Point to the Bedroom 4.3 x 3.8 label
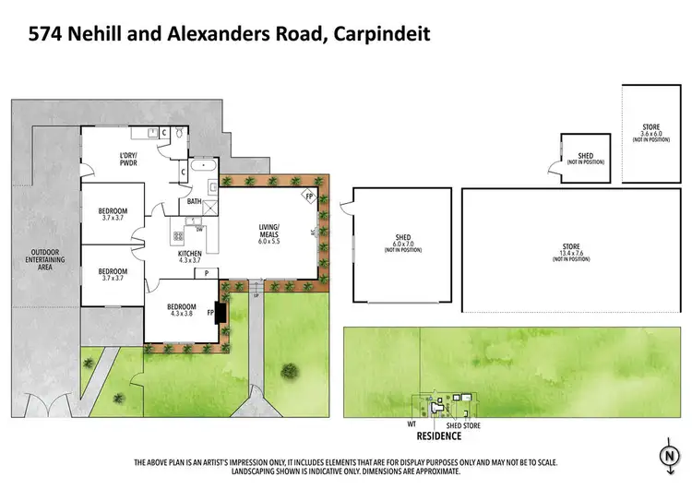click(x=181, y=311)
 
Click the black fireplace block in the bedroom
click(x=220, y=315)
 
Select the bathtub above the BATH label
click(x=205, y=170)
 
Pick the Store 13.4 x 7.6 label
click(x=571, y=252)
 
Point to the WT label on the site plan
click(x=412, y=425)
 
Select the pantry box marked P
click(x=206, y=272)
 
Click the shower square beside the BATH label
click(x=214, y=203)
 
